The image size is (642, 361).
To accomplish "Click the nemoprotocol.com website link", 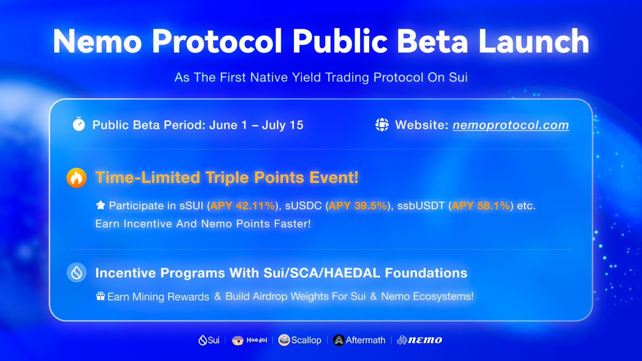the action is [511, 125].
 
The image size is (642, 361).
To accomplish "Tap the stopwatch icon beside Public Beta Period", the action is [79, 124].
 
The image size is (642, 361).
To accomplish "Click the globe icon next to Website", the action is [382, 125].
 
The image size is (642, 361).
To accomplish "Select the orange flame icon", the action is [77, 178].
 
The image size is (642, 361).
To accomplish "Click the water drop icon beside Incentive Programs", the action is [77, 272].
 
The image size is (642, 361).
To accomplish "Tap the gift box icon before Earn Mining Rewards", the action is [101, 296].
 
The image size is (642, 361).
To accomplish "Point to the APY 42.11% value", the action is [242, 206].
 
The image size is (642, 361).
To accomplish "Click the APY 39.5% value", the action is [358, 206].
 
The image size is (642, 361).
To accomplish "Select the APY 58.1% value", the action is [480, 206].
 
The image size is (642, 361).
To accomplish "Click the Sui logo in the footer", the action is [209, 340].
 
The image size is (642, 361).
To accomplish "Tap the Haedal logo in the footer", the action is [249, 340].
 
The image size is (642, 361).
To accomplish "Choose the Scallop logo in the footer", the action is [300, 340].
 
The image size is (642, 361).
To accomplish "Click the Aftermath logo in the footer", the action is [359, 340].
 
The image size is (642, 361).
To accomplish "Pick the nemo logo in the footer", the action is [419, 340].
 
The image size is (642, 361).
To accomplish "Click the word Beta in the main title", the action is [432, 41].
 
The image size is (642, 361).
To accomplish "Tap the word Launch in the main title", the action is [534, 41].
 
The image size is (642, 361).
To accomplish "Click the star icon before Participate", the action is [101, 205].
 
